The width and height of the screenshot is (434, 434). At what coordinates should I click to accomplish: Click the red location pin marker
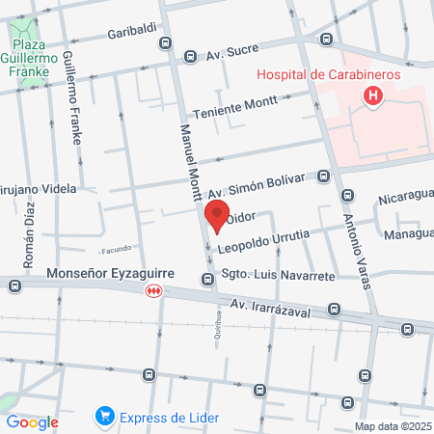pyautogui.click(x=216, y=217)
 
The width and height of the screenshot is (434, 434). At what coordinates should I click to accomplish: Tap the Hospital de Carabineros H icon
pyautogui.click(x=372, y=95)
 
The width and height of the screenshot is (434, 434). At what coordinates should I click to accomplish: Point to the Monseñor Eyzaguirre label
pyautogui.click(x=116, y=274)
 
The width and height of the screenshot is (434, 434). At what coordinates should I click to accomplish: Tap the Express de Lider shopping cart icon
pyautogui.click(x=103, y=418)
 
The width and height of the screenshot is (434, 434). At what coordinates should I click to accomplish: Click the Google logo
pyautogui.click(x=32, y=421)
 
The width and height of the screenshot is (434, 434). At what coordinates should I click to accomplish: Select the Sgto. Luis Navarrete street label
pyautogui.click(x=279, y=276)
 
